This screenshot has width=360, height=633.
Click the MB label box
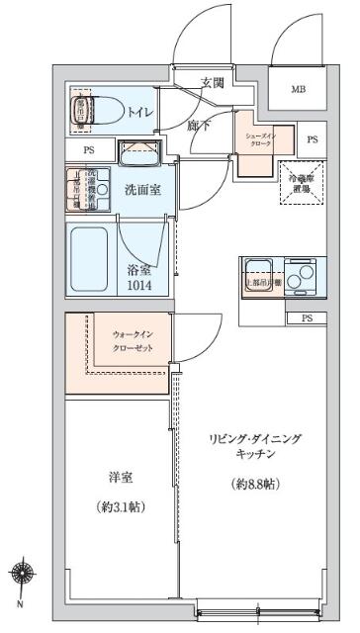click(298, 90)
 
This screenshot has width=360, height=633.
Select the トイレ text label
click(138, 113)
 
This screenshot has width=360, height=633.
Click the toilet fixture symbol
click(100, 111)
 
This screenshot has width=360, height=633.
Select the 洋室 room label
click(122, 478)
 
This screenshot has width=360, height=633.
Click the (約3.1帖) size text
click(122, 507)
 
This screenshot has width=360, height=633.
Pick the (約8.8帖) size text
click(254, 486)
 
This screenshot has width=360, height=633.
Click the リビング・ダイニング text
click(254, 438)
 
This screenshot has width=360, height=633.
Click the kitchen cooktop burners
click(299, 275)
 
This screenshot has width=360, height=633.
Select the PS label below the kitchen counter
click(306, 318)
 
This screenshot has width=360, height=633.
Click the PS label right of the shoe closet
click(313, 139)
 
